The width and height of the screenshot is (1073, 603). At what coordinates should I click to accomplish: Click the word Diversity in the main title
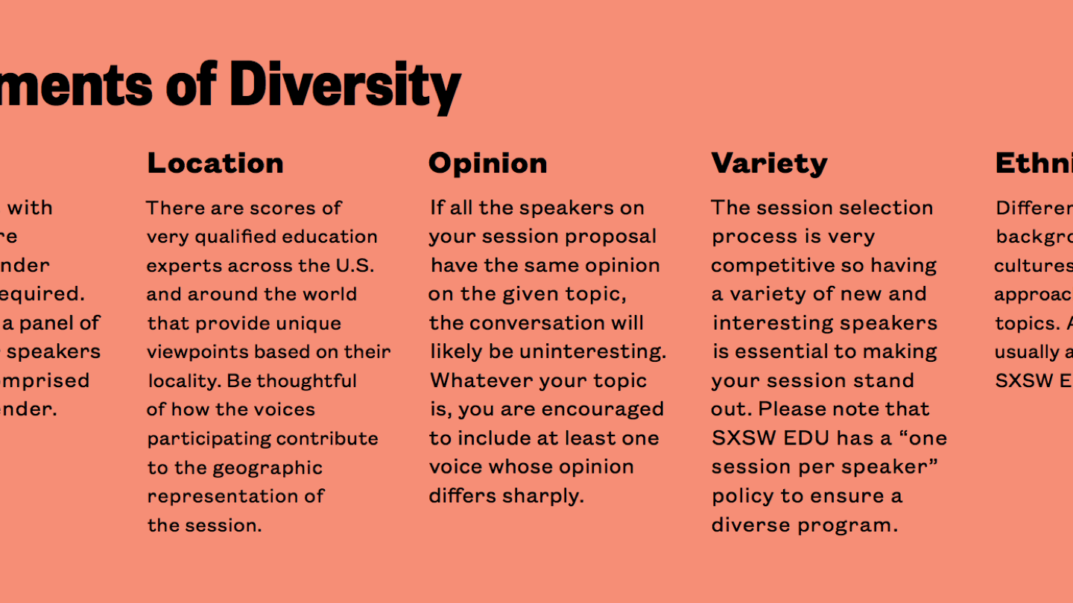tap(345, 86)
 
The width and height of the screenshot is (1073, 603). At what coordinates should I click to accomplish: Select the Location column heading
tap(215, 163)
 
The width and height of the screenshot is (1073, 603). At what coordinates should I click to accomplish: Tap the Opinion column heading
tap(487, 163)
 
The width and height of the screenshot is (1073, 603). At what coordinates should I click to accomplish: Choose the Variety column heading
tap(769, 163)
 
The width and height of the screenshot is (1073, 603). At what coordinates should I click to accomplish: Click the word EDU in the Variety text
tap(803, 438)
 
